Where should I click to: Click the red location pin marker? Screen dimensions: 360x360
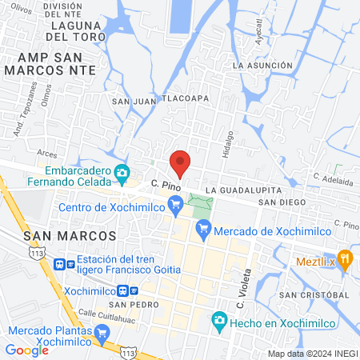[x=181, y=162]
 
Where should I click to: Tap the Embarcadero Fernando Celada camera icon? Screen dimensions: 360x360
[x=122, y=172]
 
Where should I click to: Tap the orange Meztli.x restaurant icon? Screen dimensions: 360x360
[x=345, y=258]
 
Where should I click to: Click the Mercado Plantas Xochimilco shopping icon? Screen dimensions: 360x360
[x=102, y=332]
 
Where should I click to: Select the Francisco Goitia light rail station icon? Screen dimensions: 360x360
[x=59, y=264]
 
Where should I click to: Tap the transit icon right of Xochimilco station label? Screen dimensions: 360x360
[x=133, y=290]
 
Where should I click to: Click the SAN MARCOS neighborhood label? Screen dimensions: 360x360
[x=70, y=237]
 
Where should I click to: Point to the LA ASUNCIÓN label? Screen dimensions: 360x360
[x=262, y=65]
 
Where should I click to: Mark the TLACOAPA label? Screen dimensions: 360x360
[x=186, y=98]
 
